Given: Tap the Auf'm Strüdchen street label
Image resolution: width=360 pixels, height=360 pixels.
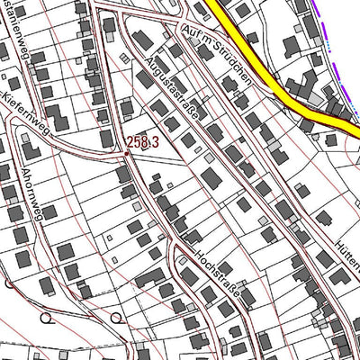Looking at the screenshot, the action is click(216, 53).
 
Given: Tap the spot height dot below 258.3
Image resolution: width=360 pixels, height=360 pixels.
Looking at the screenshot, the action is click(127, 153).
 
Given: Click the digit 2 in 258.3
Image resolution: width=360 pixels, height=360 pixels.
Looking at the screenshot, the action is click(130, 141).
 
